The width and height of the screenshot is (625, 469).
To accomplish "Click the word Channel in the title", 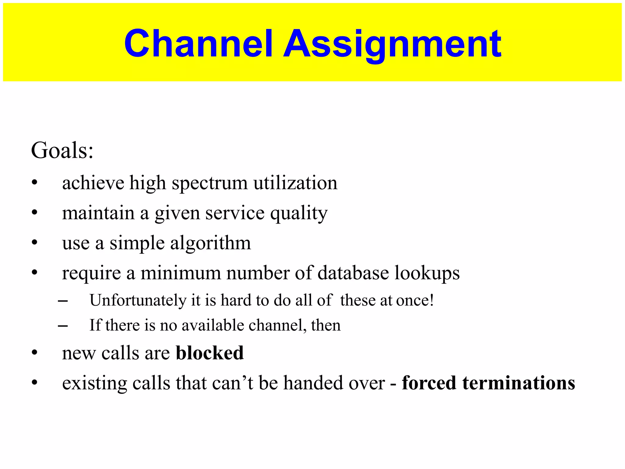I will pos(198,43).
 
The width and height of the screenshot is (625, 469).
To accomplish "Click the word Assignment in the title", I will pos(392,43).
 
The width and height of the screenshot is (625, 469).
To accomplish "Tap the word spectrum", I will pos(210,183).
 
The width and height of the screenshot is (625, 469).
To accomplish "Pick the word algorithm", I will pos(211,243).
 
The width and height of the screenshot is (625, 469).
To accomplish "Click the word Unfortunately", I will pos(138,300).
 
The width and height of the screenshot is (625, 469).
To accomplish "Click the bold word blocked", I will pos(210,353).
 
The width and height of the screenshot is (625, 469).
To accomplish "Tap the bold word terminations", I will pos(518,383).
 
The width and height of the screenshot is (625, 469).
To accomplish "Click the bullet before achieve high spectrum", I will pos(34,183).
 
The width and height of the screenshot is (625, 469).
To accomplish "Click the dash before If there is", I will pos(63,326).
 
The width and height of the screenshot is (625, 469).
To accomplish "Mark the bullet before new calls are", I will pos(34,353).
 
